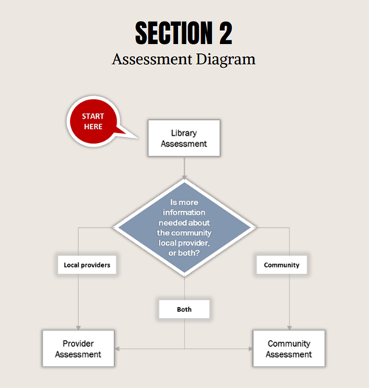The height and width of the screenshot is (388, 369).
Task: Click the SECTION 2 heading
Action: click(184, 32)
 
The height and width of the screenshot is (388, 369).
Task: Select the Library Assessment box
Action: click(184, 139)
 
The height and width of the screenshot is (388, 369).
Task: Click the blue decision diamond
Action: click(184, 227)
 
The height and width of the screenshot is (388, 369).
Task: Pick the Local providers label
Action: click(86, 265)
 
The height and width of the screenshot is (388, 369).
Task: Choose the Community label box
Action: click(281, 265)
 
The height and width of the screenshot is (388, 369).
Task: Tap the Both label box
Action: click(184, 309)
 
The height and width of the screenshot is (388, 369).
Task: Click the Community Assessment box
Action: click(289, 349)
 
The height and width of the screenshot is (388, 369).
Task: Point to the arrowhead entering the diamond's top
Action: click(184, 177)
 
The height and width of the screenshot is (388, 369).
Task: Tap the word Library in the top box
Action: click(184, 133)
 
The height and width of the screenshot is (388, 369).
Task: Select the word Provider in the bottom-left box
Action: click(78, 344)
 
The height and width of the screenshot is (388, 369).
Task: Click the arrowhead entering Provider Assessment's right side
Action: click(118, 349)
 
